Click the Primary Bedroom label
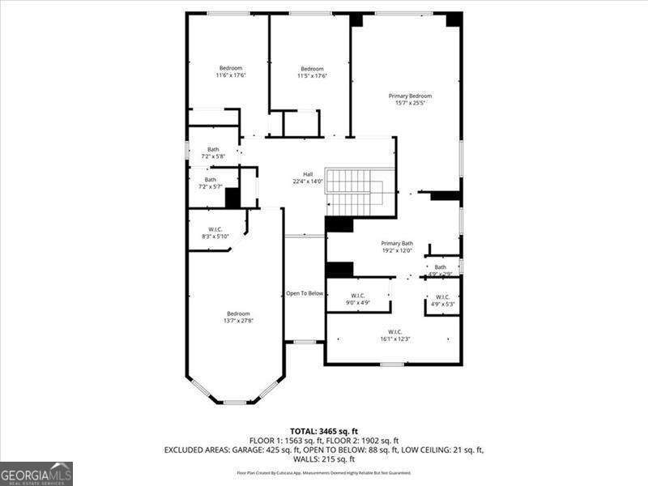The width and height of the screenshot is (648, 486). click(409, 96)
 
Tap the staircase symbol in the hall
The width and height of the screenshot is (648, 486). click(354, 193)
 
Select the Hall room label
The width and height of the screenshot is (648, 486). click(308, 174)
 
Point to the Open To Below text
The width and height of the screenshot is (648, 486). click(305, 293)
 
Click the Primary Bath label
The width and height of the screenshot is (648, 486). click(397, 243)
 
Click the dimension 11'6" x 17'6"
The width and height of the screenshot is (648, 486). click(231, 75)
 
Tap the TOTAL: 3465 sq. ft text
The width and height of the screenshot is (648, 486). click(323, 431)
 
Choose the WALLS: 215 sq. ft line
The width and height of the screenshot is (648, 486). click(324, 458)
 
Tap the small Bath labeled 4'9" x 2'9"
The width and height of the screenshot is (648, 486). click(440, 267)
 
